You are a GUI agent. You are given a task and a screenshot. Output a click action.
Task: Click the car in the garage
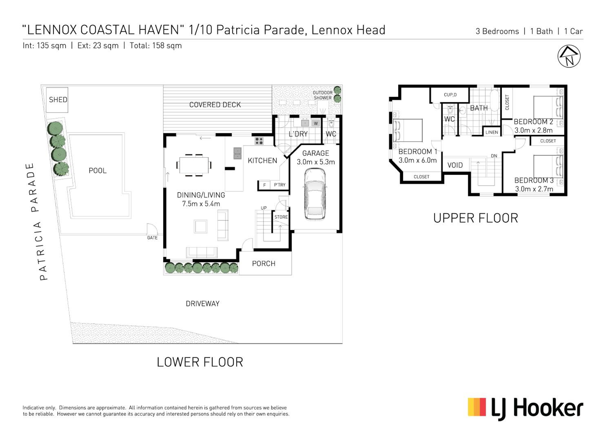click(x=315, y=194)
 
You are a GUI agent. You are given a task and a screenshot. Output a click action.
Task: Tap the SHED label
click(x=58, y=100)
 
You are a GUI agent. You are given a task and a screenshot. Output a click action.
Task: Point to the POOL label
click(x=98, y=171)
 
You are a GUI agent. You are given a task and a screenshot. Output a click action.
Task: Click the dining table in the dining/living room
click(x=194, y=165)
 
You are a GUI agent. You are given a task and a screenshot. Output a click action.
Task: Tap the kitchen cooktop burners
click(x=259, y=141)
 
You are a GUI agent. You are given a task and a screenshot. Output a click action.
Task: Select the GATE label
click(x=152, y=238)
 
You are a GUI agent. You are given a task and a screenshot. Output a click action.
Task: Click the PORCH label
click(x=264, y=264)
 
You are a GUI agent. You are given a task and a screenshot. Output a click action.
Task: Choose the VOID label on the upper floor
click(x=455, y=165)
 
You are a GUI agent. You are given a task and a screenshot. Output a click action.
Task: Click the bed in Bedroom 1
click(x=408, y=130)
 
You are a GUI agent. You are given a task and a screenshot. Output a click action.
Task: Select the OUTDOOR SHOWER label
click(x=323, y=95)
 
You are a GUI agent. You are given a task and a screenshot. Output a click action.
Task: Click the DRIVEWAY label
click(x=203, y=304)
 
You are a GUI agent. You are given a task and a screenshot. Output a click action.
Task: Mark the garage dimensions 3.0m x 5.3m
click(x=316, y=162)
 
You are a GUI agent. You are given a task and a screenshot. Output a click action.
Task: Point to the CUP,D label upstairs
click(x=450, y=95)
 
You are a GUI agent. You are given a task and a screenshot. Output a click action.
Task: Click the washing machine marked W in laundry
click(x=316, y=123)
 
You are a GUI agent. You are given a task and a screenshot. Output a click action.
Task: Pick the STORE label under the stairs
click(x=281, y=217)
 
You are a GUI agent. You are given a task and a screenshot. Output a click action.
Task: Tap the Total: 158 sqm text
click(x=156, y=46)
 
